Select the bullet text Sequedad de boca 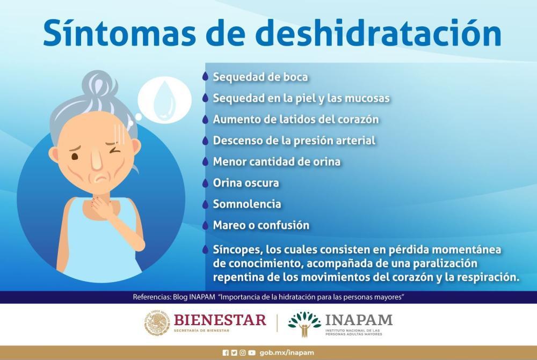tap(260, 77)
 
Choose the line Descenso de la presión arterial tap(294, 141)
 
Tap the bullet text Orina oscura tap(246, 183)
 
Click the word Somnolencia tap(247, 204)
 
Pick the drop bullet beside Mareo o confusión tap(205, 225)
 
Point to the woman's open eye tap(75, 156)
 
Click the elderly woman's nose tap(97, 160)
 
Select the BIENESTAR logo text tap(220, 320)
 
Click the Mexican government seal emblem tap(156, 323)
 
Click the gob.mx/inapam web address tap(287, 352)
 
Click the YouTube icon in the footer tap(252, 352)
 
